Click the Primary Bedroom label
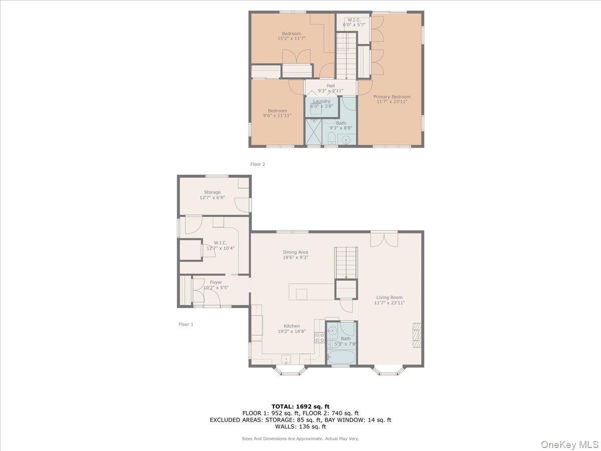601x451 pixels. click(392, 97)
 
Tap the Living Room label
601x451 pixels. click(389, 298)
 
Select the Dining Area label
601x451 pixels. click(295, 253)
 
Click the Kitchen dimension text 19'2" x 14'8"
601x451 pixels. click(292, 332)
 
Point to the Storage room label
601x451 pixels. click(212, 192)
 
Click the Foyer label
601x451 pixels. click(216, 283)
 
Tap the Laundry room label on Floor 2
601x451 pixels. click(322, 101)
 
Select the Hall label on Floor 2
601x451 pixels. click(331, 86)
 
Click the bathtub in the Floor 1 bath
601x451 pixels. click(341, 357)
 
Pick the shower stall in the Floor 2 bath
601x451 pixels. click(315, 131)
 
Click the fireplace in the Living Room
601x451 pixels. click(417, 335)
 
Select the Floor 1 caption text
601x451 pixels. click(186, 324)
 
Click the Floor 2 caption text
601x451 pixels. click(257, 164)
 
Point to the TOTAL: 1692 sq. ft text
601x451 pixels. click(300, 406)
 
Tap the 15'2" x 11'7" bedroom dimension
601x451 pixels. click(291, 38)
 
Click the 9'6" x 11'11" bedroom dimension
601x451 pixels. click(277, 116)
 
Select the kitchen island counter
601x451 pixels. click(311, 291)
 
